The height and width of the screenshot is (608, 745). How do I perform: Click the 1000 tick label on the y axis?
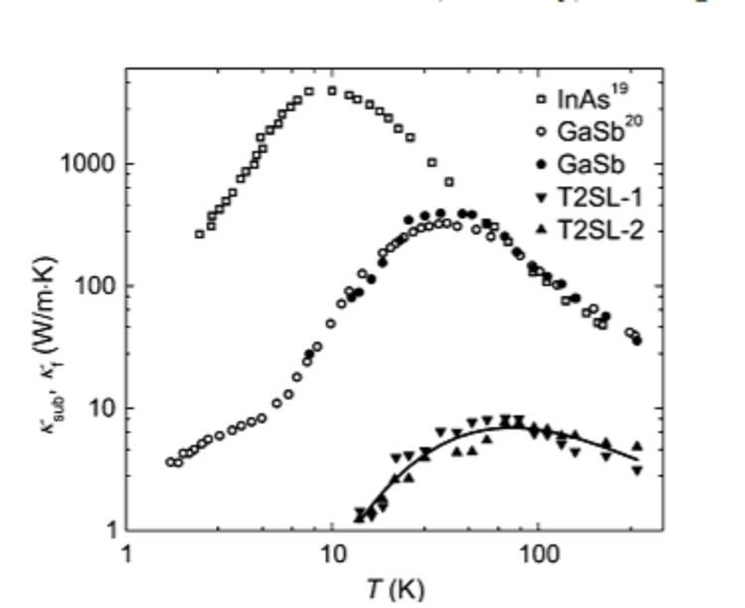click(x=87, y=164)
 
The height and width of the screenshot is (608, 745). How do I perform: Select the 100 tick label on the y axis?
click(x=94, y=286)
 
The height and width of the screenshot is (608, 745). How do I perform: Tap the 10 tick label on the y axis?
click(x=100, y=408)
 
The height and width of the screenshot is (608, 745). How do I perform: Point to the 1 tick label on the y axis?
click(x=106, y=531)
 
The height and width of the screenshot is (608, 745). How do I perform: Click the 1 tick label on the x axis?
click(x=126, y=556)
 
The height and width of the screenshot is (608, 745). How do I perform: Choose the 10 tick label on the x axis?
click(x=332, y=556)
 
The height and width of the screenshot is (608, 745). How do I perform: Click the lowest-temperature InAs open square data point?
click(x=200, y=234)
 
